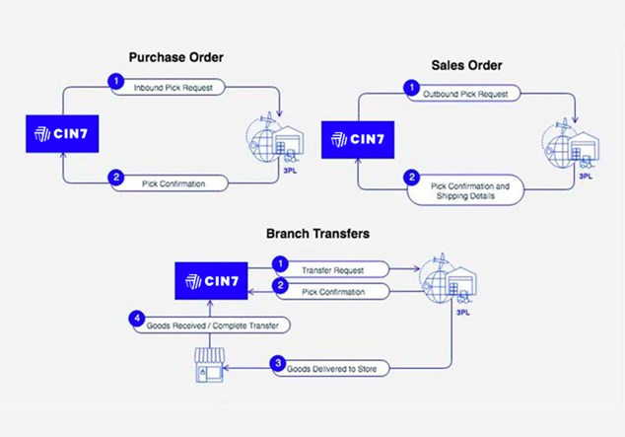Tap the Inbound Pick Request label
177,88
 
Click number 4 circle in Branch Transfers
136,319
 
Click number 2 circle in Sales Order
413,179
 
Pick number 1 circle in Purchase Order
116,80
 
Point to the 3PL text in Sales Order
584,178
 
